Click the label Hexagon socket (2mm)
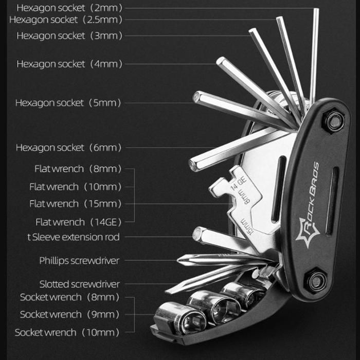pos(69,8)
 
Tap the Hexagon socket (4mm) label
pos(69,64)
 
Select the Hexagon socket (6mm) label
pos(69,148)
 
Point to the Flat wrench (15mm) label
pos(75,204)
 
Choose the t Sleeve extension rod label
pos(73,237)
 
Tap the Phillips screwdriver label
pos(79,261)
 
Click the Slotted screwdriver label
pos(79,284)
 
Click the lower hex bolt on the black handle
pos(316,281)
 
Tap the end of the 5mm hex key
pos(197,96)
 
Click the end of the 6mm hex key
pos(193,166)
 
